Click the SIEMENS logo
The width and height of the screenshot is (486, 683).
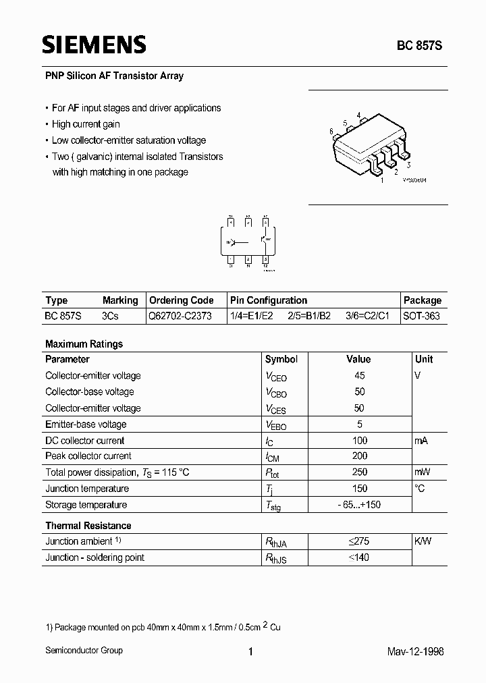(x=94, y=45)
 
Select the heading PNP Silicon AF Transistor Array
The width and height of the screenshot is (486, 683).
(x=114, y=76)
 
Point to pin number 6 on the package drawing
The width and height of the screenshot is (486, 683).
(x=331, y=131)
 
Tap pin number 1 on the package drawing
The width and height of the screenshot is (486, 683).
(x=382, y=180)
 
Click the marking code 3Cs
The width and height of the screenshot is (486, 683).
(x=111, y=316)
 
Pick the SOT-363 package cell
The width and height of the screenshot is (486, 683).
(x=421, y=316)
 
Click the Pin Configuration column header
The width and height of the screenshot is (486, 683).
(x=268, y=300)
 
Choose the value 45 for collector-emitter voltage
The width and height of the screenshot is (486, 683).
(x=359, y=375)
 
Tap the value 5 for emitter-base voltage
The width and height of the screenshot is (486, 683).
(x=359, y=424)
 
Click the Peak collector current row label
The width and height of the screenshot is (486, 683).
(x=88, y=456)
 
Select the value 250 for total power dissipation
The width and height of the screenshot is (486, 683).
(x=359, y=472)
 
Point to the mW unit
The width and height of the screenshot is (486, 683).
(x=423, y=472)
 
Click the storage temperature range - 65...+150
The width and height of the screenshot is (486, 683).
(x=359, y=505)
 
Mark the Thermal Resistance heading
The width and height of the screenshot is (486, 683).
(x=88, y=526)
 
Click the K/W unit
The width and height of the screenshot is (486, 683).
(x=424, y=541)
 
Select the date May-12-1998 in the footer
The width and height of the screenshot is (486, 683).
(x=416, y=651)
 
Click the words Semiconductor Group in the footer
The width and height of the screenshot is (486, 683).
(x=84, y=651)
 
